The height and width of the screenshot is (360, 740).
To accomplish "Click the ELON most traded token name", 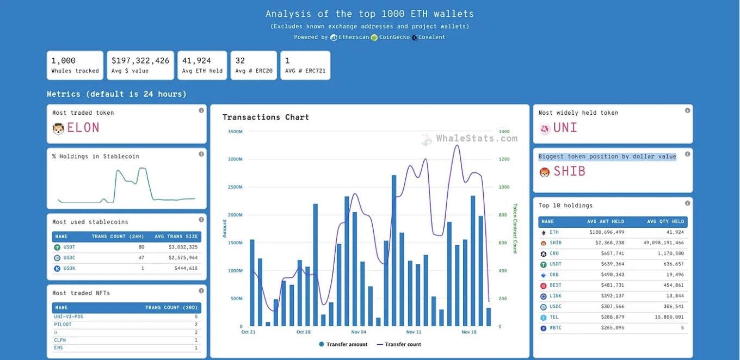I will click(83, 128).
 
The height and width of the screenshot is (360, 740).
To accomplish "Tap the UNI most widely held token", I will click(565, 128).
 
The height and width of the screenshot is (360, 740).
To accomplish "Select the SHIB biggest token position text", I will click(570, 171).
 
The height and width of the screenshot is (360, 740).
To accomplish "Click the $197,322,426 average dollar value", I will click(140, 61).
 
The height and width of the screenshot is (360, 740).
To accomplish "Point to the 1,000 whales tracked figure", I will click(64, 61).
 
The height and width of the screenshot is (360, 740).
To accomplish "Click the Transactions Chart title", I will click(266, 117).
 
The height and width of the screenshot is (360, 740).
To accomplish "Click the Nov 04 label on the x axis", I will click(359, 332).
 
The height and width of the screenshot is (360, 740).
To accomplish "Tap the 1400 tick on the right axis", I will click(504, 132).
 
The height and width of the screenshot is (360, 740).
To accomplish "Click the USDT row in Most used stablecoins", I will click(69, 247).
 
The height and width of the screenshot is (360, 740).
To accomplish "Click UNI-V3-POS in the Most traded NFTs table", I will click(69, 316).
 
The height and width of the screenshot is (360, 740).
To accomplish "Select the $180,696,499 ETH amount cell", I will click(607, 232).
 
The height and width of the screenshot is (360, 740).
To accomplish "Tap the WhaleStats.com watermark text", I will click(477, 138).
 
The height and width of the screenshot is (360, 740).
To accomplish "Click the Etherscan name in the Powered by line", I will click(354, 37).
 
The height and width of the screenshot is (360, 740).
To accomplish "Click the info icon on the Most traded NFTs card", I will click(201, 291).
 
